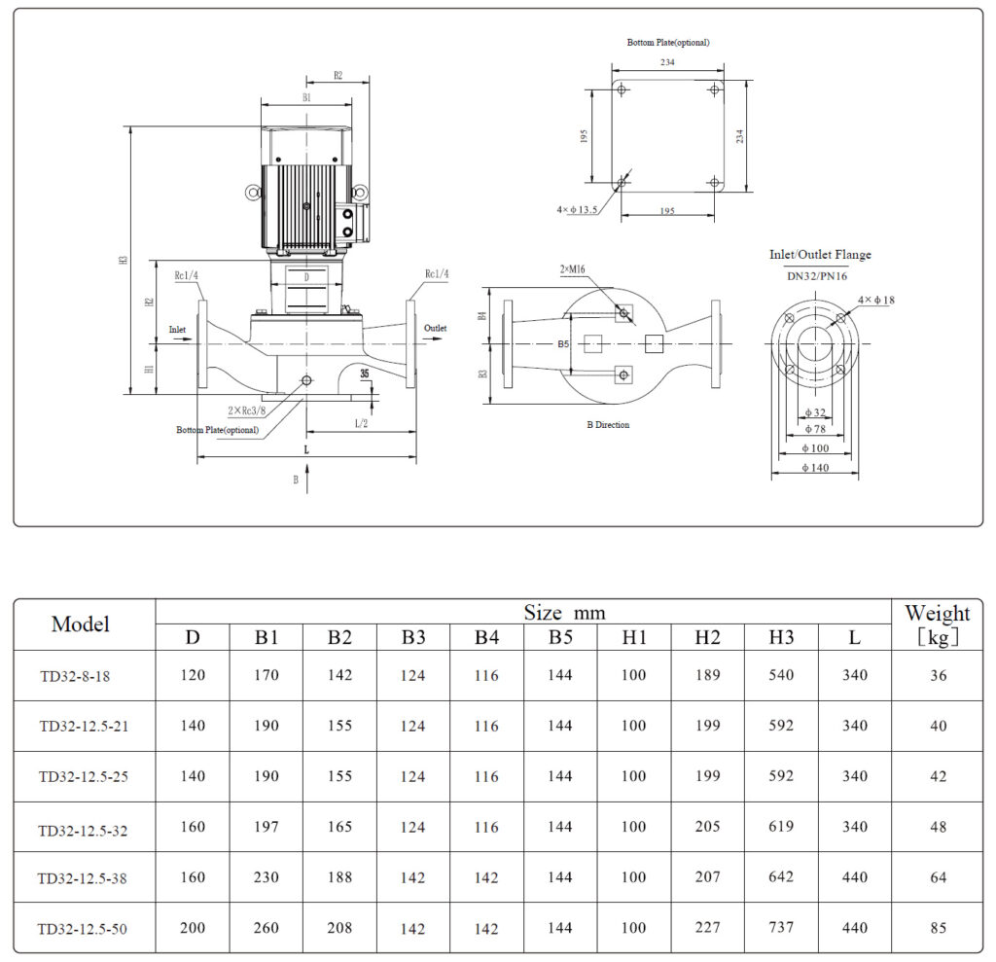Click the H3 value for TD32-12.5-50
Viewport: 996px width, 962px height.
(780, 928)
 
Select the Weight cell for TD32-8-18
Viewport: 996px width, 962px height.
(938, 675)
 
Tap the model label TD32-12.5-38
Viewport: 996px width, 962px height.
(83, 878)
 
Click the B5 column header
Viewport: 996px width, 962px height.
(559, 638)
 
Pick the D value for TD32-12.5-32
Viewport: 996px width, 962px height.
(193, 827)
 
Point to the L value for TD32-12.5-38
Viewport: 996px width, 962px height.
(854, 877)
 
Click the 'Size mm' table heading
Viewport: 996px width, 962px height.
(564, 613)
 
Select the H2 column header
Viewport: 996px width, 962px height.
(707, 638)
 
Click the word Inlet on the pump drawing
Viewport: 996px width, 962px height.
(177, 330)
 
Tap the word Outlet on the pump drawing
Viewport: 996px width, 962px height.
(435, 329)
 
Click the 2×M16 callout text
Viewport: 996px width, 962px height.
(574, 268)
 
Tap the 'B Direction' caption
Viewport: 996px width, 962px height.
(608, 425)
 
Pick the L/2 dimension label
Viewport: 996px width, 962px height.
(361, 423)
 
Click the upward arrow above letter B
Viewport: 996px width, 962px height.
(308, 475)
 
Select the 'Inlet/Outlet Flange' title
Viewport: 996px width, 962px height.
(820, 255)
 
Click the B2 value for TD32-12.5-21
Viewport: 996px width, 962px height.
(339, 726)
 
